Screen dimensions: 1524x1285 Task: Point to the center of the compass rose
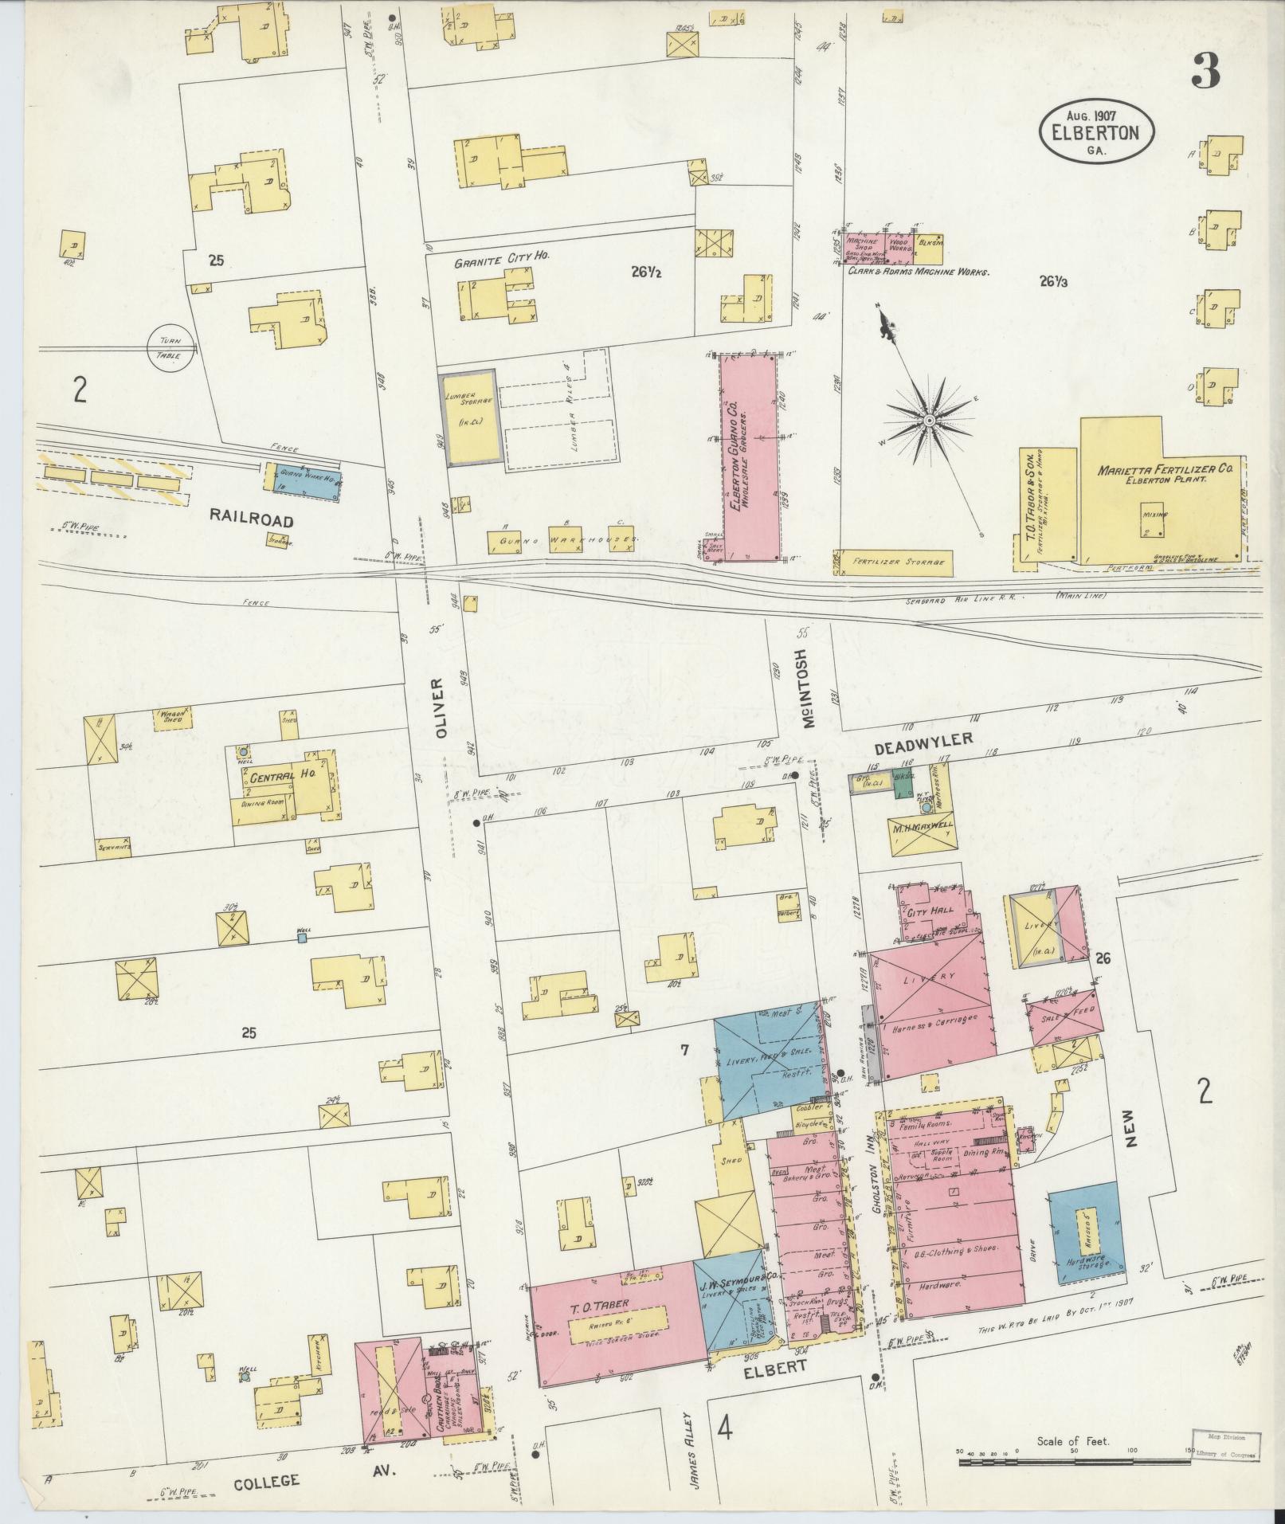pyautogui.click(x=928, y=420)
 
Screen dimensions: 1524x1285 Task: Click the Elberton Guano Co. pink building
pyautogui.click(x=749, y=458)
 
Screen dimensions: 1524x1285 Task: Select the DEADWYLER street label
pyautogui.click(x=924, y=744)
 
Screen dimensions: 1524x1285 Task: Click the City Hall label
pyautogui.click(x=926, y=912)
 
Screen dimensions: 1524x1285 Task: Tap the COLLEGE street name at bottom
pyautogui.click(x=267, y=1481)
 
